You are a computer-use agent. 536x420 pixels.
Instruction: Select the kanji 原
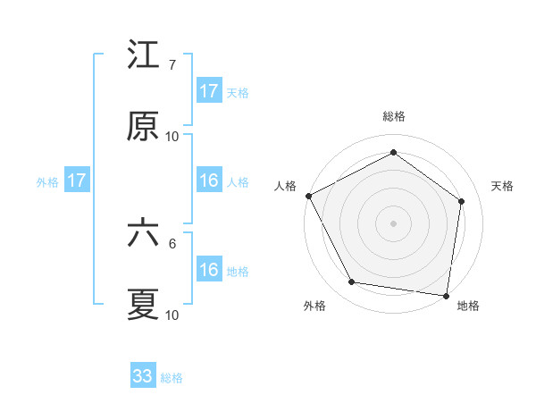pyautogui.click(x=143, y=127)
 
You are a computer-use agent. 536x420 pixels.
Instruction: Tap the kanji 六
pyautogui.click(x=143, y=234)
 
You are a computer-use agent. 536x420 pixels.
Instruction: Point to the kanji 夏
pyautogui.click(x=143, y=305)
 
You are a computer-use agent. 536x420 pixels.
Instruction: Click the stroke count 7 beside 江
pyautogui.click(x=172, y=65)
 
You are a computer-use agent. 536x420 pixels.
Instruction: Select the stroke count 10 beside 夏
pyautogui.click(x=172, y=315)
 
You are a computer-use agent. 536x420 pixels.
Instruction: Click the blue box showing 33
pyautogui.click(x=143, y=376)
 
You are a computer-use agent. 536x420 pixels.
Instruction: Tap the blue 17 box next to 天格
pyautogui.click(x=209, y=91)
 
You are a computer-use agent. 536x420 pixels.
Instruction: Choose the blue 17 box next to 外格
pyautogui.click(x=77, y=181)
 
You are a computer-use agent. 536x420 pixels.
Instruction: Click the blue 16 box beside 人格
pyautogui.click(x=209, y=181)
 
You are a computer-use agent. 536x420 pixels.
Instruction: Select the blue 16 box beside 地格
pyautogui.click(x=209, y=271)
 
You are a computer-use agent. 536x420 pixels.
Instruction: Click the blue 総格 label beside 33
pyautogui.click(x=172, y=378)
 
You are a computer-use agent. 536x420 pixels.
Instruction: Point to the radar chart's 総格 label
pyautogui.click(x=393, y=116)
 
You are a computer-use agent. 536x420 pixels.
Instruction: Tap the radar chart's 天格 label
pyautogui.click(x=502, y=186)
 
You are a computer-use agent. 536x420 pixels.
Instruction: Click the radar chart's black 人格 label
pyautogui.click(x=285, y=186)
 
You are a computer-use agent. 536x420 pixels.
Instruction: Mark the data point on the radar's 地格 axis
pyautogui.click(x=446, y=295)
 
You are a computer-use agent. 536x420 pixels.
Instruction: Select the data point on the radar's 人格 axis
pyautogui.click(x=308, y=196)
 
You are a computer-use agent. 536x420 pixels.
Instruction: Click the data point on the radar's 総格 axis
pyautogui.click(x=393, y=153)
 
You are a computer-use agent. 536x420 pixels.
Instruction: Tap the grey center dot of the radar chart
pyautogui.click(x=393, y=223)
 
